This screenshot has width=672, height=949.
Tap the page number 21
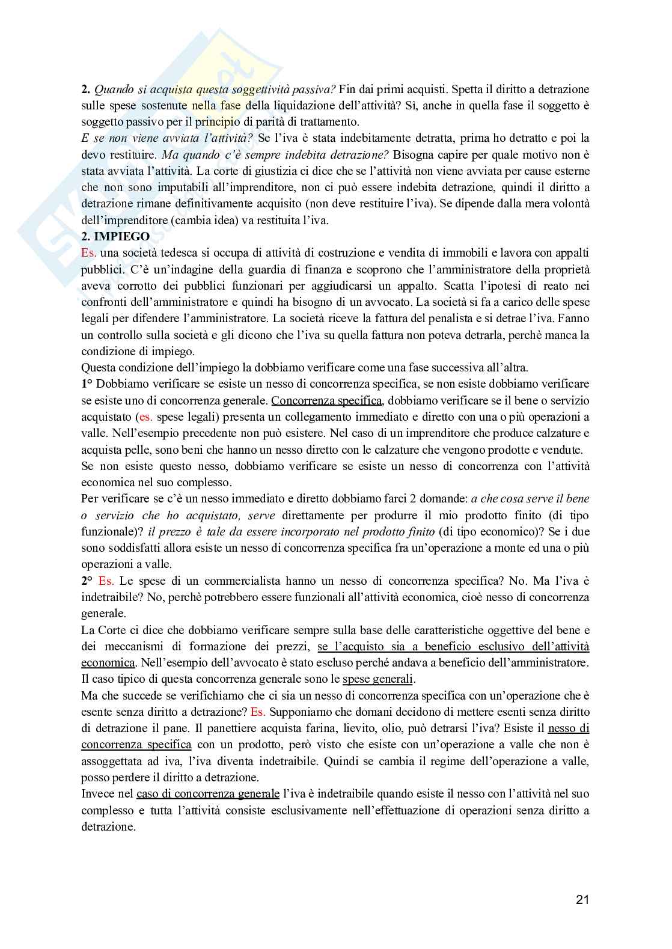pyautogui.click(x=582, y=900)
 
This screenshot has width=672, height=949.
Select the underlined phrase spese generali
pyautogui.click(x=377, y=679)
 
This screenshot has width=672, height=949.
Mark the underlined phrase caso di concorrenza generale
pyautogui.click(x=208, y=793)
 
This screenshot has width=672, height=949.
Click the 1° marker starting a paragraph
pyautogui.click(x=87, y=384)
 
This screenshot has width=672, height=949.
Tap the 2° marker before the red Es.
pyautogui.click(x=87, y=581)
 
